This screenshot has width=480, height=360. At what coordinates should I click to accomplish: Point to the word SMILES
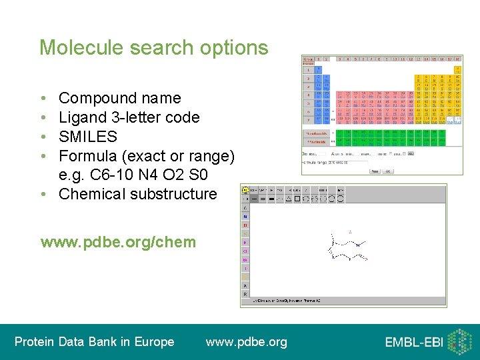tap(88, 137)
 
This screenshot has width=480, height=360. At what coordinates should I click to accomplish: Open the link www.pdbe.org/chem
tap(118, 241)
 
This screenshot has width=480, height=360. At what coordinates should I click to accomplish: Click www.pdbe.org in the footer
tap(247, 342)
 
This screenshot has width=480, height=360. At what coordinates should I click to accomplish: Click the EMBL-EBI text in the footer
tap(413, 343)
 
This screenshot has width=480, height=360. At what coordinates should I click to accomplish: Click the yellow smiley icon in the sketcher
tap(245, 189)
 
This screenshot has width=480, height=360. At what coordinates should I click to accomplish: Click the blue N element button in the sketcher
tap(245, 216)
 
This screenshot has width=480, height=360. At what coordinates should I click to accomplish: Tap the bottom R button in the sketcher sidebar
tap(245, 293)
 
